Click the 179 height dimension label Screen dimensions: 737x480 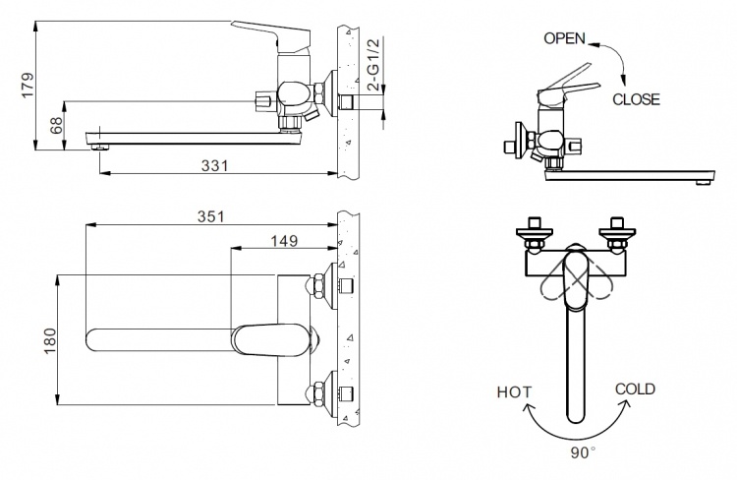[28, 86]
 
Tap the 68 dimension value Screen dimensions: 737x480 [55, 126]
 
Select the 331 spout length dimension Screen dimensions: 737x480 [215, 165]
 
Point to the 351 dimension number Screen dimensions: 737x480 [211, 216]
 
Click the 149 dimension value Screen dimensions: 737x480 [284, 241]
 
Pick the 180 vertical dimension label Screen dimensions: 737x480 [49, 340]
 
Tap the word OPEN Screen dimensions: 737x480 [565, 38]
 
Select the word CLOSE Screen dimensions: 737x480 [637, 99]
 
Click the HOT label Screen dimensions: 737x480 [514, 392]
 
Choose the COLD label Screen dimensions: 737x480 [635, 390]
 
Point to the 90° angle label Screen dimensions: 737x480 [584, 452]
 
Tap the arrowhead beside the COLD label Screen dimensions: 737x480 [625, 403]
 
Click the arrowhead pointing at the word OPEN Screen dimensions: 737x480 [592, 44]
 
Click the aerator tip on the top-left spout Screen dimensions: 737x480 [100, 148]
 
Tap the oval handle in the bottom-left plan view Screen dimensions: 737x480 [272, 339]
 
